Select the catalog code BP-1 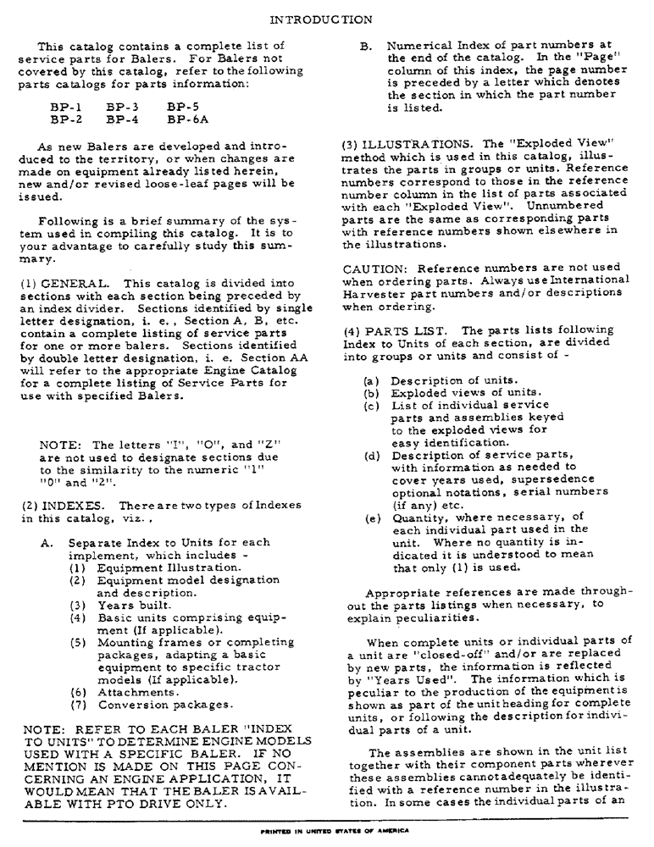65,108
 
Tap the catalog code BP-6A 187,119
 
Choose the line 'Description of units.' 453,380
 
